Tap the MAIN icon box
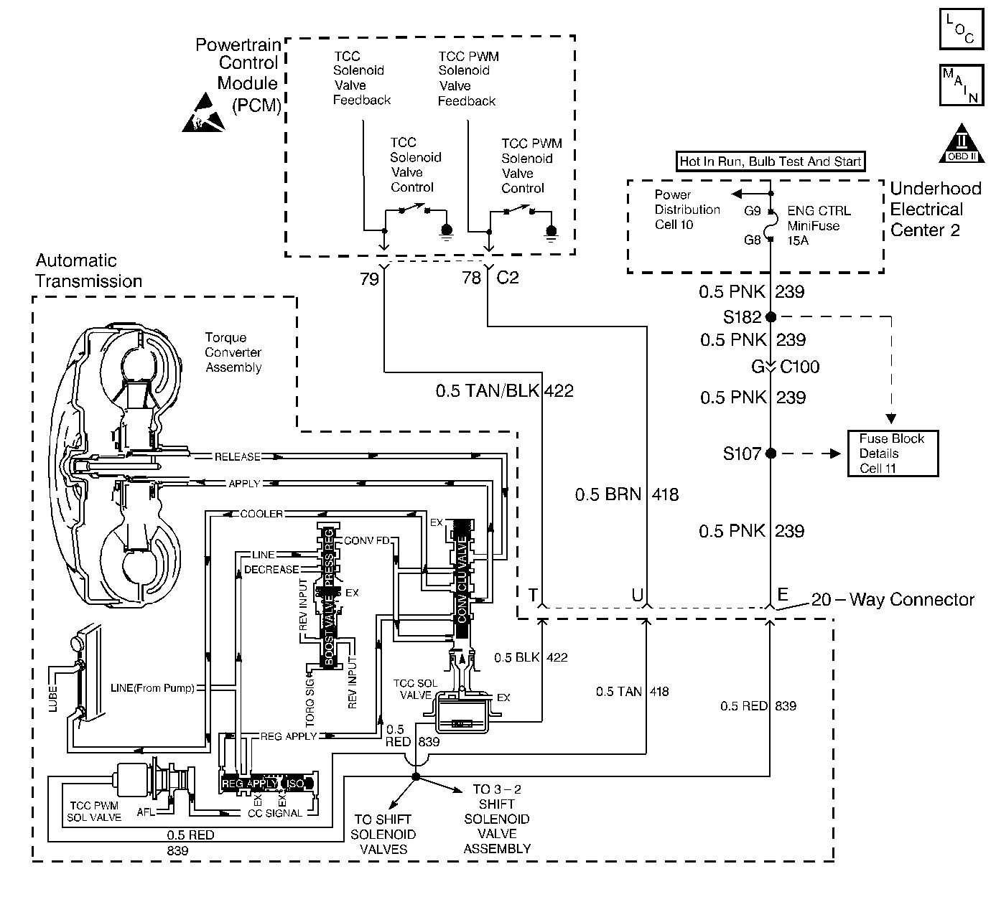pos(961,85)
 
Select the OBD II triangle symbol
pos(961,144)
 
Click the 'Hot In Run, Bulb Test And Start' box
pos(771,161)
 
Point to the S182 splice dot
pos(771,316)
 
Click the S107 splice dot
pos(771,454)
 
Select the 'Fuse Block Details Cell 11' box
pos(892,454)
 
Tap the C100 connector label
pos(799,367)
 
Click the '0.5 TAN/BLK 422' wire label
pos(504,391)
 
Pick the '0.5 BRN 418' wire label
pos(626,494)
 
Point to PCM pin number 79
pos(369,278)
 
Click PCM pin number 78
pos(471,278)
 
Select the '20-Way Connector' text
pos(893,599)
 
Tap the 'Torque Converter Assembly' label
pos(233,352)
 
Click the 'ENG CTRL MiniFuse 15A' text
pos(818,225)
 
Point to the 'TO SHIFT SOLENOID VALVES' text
pos(383,834)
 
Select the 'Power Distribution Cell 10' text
pos(687,210)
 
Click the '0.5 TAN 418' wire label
pos(632,692)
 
